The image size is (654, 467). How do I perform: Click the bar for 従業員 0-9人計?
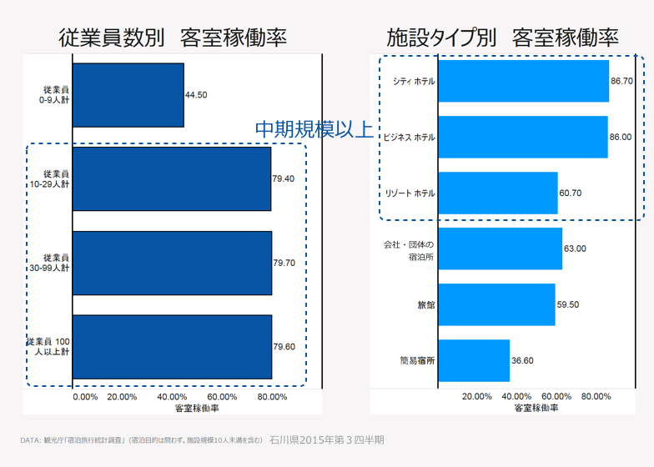coord(128,95)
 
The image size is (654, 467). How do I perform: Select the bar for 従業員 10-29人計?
coord(172,178)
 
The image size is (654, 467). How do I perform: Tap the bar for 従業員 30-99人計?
coord(172,263)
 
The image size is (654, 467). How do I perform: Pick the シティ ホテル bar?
coord(523,81)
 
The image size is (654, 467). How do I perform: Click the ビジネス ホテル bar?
coord(522,137)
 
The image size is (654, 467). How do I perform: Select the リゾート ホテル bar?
coord(497,193)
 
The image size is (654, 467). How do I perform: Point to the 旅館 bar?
coord(496,304)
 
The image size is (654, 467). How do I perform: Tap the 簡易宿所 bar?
coord(474,360)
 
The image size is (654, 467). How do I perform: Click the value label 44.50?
coord(196,95)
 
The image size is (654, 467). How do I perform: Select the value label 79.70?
coord(284,263)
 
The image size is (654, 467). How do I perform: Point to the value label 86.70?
coord(621,81)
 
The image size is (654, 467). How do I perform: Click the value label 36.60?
coord(522,360)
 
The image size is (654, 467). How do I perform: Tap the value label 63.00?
coord(575,249)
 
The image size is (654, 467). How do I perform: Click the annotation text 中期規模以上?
coord(313,128)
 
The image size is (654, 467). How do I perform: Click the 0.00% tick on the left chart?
coord(86,397)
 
